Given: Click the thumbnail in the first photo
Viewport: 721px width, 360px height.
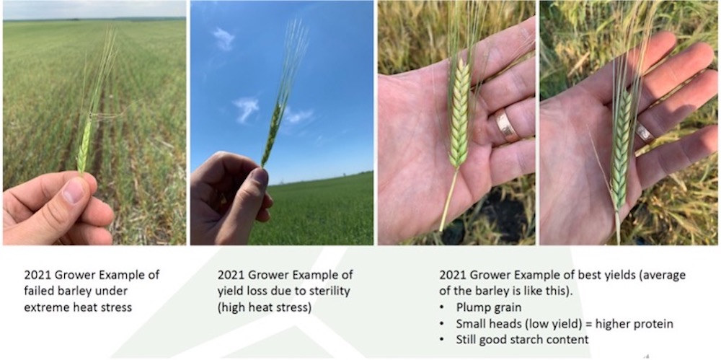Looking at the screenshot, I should coord(74,192).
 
